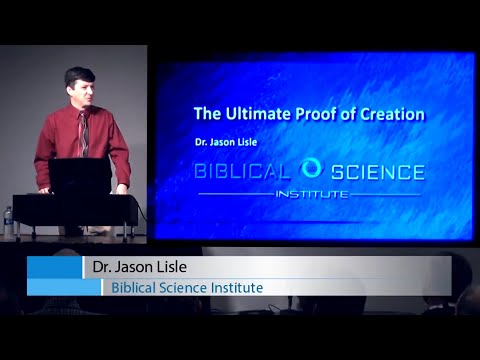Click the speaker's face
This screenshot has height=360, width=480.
point(79,91)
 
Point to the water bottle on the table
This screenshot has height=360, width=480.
point(9,221)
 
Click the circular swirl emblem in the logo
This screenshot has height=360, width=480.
point(310,169)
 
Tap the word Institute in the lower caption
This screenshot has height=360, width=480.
point(232,288)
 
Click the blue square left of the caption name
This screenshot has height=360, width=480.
point(53,267)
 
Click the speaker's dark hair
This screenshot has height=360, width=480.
point(78,74)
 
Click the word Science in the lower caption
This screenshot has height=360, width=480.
point(181,288)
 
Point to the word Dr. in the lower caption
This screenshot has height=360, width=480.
point(100,268)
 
